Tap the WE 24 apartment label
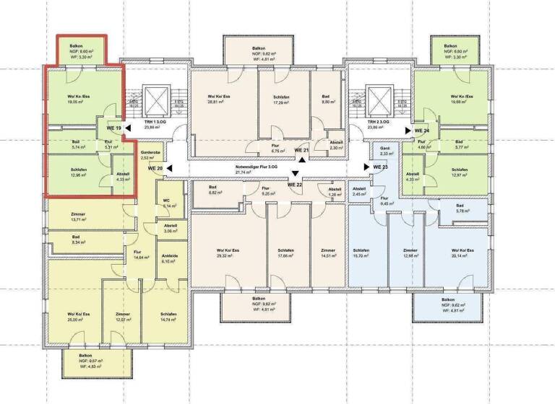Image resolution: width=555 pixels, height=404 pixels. (422, 131)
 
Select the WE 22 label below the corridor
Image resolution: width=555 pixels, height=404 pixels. (294, 185)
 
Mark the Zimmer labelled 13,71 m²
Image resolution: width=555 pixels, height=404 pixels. (77, 216)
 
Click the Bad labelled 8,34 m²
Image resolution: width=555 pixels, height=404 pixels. (76, 240)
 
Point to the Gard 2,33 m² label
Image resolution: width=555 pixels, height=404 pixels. (384, 150)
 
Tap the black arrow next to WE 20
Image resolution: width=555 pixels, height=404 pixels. (167, 168)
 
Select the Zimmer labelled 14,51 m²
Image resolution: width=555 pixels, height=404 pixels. (327, 253)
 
